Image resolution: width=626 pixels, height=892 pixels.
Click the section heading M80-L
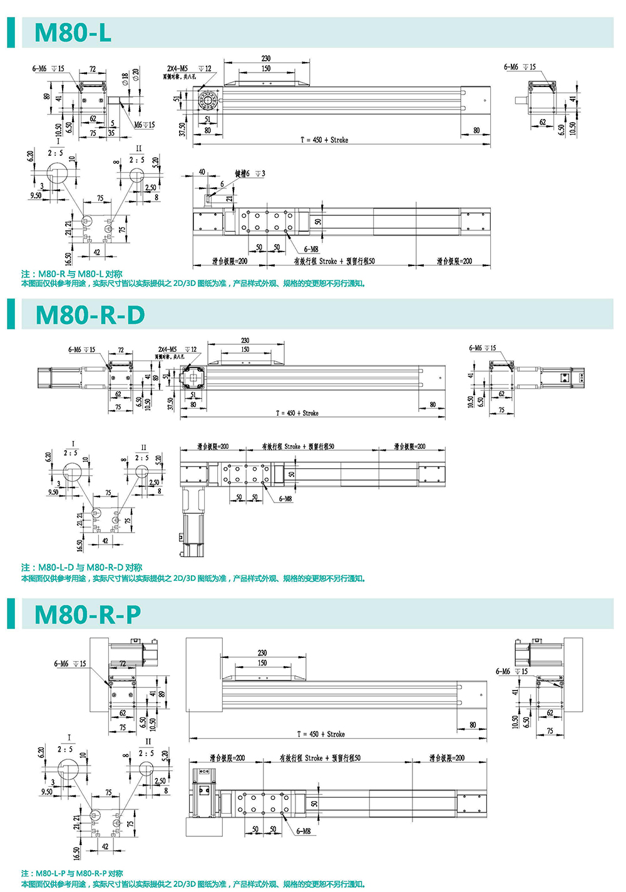73,33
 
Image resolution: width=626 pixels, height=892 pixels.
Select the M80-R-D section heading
90,314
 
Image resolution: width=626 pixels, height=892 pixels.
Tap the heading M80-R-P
88,614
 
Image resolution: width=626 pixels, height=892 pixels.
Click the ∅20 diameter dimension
136,74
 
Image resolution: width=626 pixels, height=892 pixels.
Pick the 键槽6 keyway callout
250,173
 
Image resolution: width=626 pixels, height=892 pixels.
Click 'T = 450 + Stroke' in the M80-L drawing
324,140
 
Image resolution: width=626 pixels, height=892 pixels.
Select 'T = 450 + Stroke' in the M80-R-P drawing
321,734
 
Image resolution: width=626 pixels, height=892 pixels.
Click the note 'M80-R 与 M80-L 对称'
72,274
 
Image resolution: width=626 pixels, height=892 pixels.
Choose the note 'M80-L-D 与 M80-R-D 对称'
82,567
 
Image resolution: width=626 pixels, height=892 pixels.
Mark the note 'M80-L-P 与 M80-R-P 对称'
73,873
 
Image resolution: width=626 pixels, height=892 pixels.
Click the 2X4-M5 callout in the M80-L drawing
177,68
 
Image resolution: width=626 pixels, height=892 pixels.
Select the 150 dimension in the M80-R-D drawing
245,349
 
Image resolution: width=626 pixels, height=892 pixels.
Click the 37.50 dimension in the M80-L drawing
183,130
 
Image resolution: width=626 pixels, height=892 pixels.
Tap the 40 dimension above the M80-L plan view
202,172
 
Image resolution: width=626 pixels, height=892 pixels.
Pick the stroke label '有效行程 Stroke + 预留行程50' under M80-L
334,261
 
